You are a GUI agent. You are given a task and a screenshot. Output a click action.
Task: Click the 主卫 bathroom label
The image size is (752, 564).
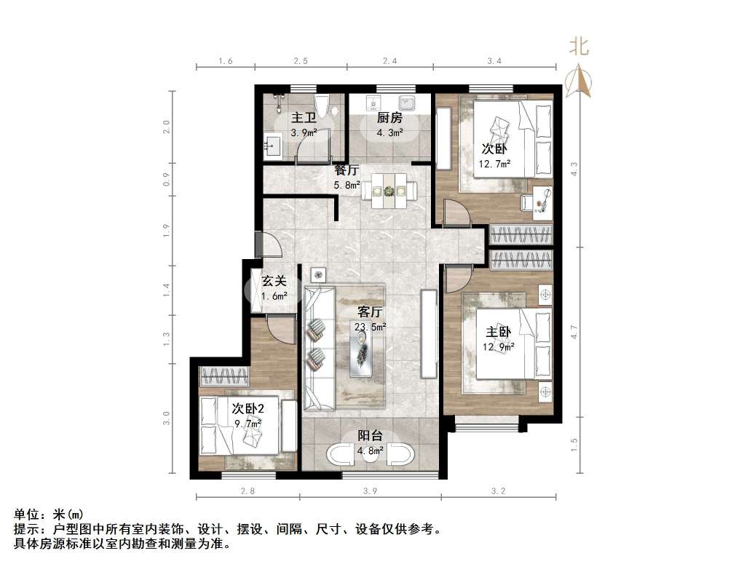click(304, 117)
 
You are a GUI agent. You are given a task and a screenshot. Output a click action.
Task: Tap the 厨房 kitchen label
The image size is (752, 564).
click(389, 117)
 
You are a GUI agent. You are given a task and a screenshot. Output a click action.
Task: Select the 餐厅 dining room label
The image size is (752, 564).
click(347, 170)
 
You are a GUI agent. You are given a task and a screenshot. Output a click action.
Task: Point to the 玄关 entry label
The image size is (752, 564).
click(274, 281)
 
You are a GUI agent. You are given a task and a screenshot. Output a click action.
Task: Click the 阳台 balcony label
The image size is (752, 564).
click(371, 435)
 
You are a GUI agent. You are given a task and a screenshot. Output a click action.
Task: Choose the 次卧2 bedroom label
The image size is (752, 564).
click(248, 408)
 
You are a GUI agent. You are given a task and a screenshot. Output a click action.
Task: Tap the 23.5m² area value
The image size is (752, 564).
click(371, 327)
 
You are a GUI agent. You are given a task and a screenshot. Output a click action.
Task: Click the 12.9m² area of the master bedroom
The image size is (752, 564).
click(499, 346)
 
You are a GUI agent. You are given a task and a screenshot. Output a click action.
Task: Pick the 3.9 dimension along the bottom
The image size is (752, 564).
click(371, 490)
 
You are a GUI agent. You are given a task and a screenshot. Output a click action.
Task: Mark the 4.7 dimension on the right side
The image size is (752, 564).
click(574, 332)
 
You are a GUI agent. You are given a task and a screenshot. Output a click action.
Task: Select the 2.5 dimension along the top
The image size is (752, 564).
click(301, 61)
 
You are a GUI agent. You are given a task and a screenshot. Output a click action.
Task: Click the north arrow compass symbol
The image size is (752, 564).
click(579, 81)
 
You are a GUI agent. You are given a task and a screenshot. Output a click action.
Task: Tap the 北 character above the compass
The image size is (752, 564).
click(579, 47)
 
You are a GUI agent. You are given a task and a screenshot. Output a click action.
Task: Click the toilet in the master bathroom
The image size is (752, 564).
click(321, 105)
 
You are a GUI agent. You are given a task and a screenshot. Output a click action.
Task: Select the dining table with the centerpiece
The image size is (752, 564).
click(389, 191)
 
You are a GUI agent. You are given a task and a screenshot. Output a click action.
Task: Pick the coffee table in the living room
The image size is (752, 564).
click(361, 353)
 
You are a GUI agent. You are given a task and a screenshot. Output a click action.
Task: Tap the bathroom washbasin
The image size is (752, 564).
click(272, 146)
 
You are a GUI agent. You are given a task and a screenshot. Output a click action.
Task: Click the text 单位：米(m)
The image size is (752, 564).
click(49, 515)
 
